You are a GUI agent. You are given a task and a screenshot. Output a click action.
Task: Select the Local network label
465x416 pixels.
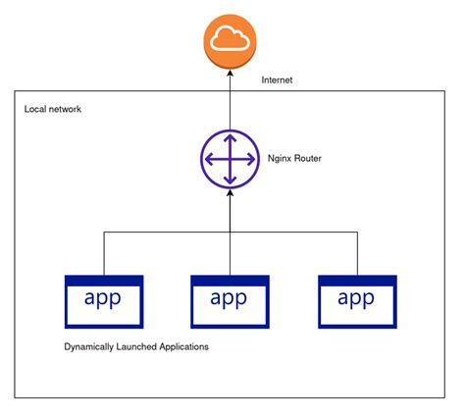tap(53, 109)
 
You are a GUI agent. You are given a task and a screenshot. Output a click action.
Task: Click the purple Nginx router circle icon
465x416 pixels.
tap(229, 158)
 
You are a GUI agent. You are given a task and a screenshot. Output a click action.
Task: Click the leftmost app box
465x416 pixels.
tap(103, 301)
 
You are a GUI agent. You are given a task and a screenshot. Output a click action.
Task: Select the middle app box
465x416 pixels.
tap(229, 301)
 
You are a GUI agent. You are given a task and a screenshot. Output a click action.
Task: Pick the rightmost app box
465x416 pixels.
tap(356, 301)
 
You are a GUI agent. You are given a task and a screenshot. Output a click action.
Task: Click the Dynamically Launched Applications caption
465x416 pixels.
tap(135, 347)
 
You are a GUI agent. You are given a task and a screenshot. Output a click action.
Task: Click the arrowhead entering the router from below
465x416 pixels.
tap(229, 195)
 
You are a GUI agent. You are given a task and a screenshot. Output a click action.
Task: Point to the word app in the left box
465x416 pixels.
tap(103, 299)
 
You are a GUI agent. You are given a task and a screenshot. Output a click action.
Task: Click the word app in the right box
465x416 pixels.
tap(356, 299)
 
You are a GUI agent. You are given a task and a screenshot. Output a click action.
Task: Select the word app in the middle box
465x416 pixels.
tap(229, 299)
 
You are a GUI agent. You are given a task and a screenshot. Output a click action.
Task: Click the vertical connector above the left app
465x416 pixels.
tap(103, 253)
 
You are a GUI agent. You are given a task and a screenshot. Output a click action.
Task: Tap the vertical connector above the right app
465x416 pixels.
tap(356, 253)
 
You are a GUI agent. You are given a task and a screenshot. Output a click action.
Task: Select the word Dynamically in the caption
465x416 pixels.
tap(91, 347)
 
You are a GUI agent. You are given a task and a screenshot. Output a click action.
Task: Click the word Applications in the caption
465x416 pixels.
tap(182, 347)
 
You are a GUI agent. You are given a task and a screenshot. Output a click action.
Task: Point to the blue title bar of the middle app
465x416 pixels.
tap(229, 281)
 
